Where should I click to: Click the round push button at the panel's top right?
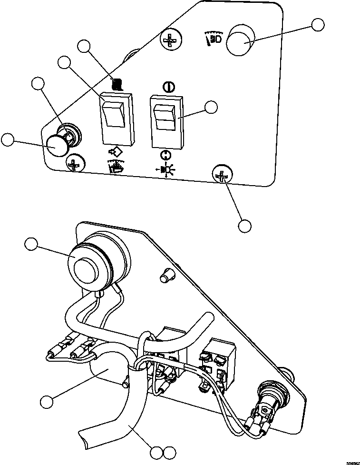[241, 42]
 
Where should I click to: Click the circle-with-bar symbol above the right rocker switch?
[167, 87]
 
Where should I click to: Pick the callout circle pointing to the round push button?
[318, 25]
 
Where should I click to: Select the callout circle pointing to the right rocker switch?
[211, 107]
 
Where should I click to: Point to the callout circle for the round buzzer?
[31, 245]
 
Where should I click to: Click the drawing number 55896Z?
[353, 462]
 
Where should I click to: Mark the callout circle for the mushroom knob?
[8, 139]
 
